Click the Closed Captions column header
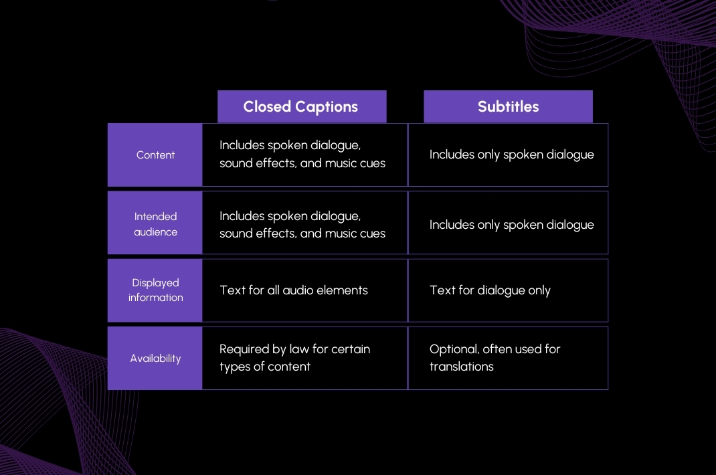(301, 106)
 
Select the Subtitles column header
(508, 106)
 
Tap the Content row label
(155, 155)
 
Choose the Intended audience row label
(155, 223)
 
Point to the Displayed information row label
(155, 290)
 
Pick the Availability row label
(155, 358)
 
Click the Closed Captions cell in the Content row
(304, 155)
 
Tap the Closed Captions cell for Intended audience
(304, 223)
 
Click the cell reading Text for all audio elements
(304, 290)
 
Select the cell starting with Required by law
(304, 358)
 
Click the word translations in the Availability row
(461, 367)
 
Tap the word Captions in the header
(327, 107)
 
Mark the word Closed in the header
(267, 106)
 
